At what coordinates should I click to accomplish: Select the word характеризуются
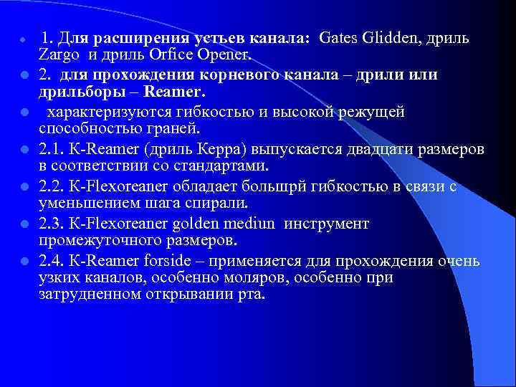107,112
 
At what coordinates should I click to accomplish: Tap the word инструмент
326,224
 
